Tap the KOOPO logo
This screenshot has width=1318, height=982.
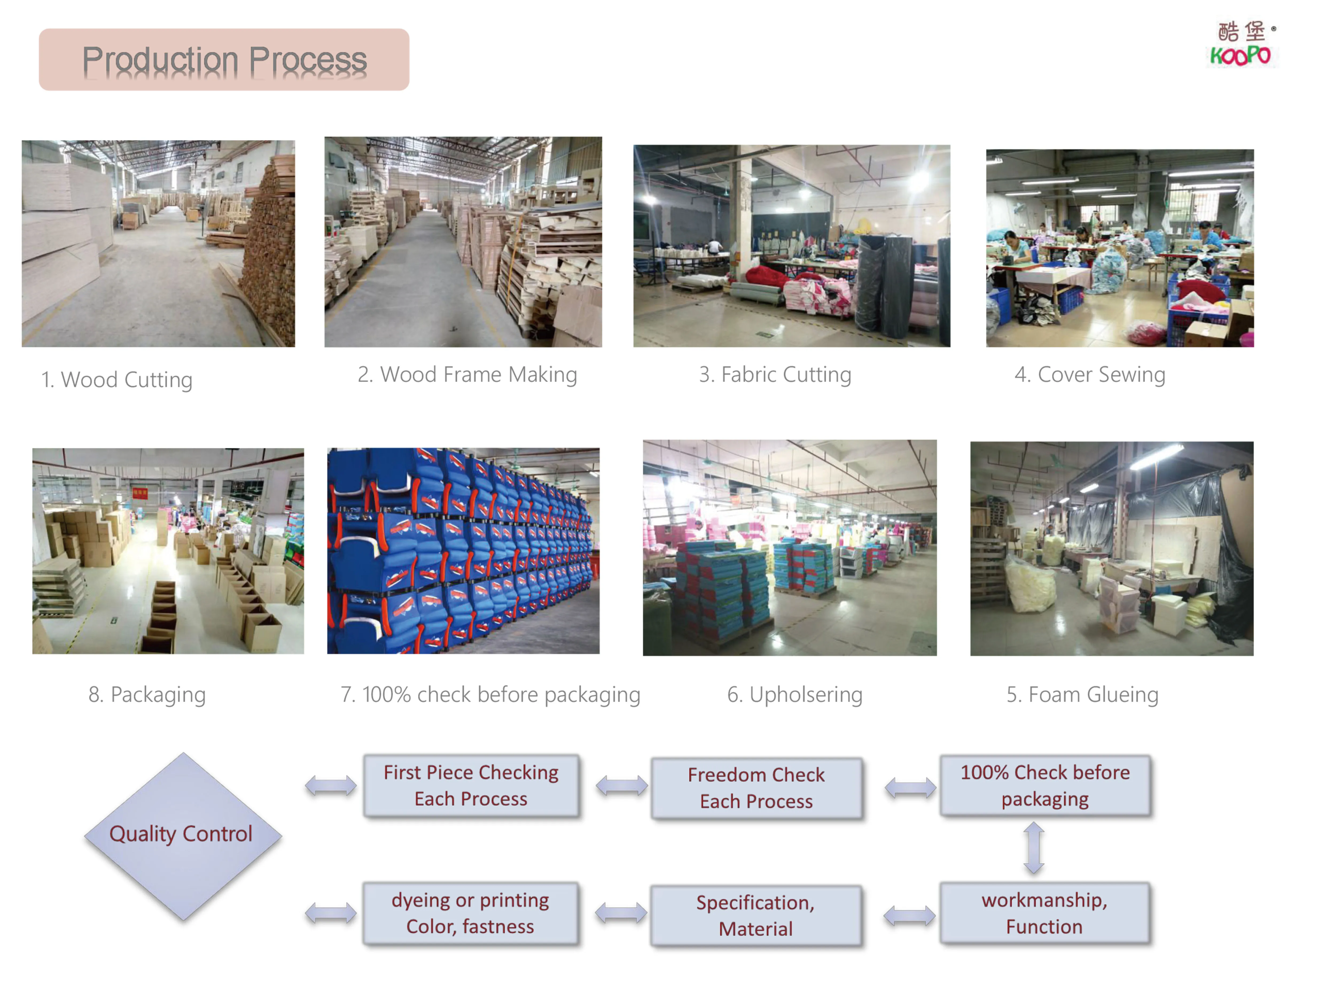[x=1241, y=45]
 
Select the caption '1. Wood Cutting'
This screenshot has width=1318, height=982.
[x=116, y=379]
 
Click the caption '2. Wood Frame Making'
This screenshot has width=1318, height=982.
[x=467, y=374]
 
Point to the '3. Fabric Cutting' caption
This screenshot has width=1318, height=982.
[x=775, y=374]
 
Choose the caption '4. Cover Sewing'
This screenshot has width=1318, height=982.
[x=1089, y=374]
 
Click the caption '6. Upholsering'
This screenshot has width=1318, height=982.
[x=794, y=694]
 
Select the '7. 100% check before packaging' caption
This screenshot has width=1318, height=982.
[x=490, y=694]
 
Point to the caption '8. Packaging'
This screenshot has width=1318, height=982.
[x=147, y=694]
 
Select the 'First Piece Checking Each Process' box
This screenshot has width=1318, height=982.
[x=471, y=785]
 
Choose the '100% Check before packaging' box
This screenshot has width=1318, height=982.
[x=1045, y=785]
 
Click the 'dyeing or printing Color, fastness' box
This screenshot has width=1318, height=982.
[x=470, y=913]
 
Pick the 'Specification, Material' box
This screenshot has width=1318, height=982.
[x=755, y=915]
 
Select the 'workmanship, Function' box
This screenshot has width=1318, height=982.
[x=1044, y=913]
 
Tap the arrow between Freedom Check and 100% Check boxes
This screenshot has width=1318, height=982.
[x=910, y=788]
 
